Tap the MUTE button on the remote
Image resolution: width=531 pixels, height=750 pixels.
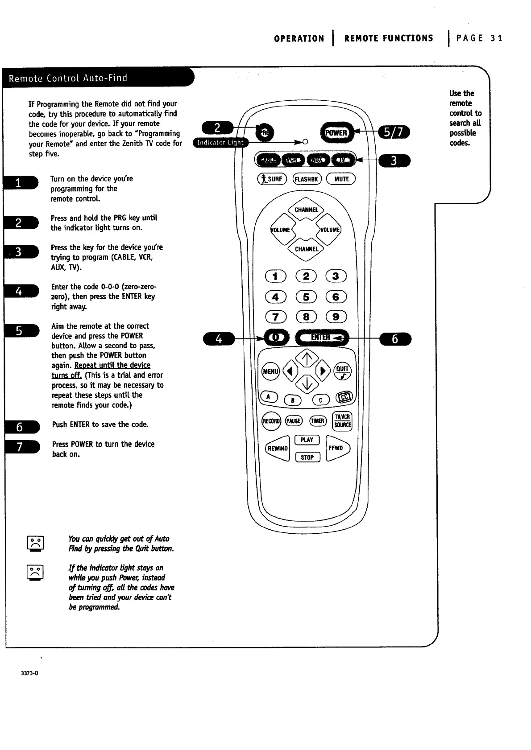click(341, 179)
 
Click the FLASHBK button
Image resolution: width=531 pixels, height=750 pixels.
click(306, 179)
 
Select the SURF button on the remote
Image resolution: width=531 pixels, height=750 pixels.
click(271, 179)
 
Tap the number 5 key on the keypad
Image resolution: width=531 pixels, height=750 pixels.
click(306, 297)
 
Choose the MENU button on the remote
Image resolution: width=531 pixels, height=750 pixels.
click(270, 371)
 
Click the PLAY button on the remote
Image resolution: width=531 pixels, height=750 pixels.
click(307, 440)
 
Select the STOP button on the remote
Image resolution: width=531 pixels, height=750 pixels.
click(307, 457)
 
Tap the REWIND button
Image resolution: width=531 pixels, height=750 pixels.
click(278, 448)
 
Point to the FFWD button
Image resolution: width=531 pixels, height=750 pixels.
click(337, 448)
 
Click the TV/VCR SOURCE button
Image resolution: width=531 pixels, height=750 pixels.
click(342, 421)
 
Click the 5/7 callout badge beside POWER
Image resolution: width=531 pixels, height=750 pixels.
click(394, 132)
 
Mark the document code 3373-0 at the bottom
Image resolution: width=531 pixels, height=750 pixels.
click(29, 673)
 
